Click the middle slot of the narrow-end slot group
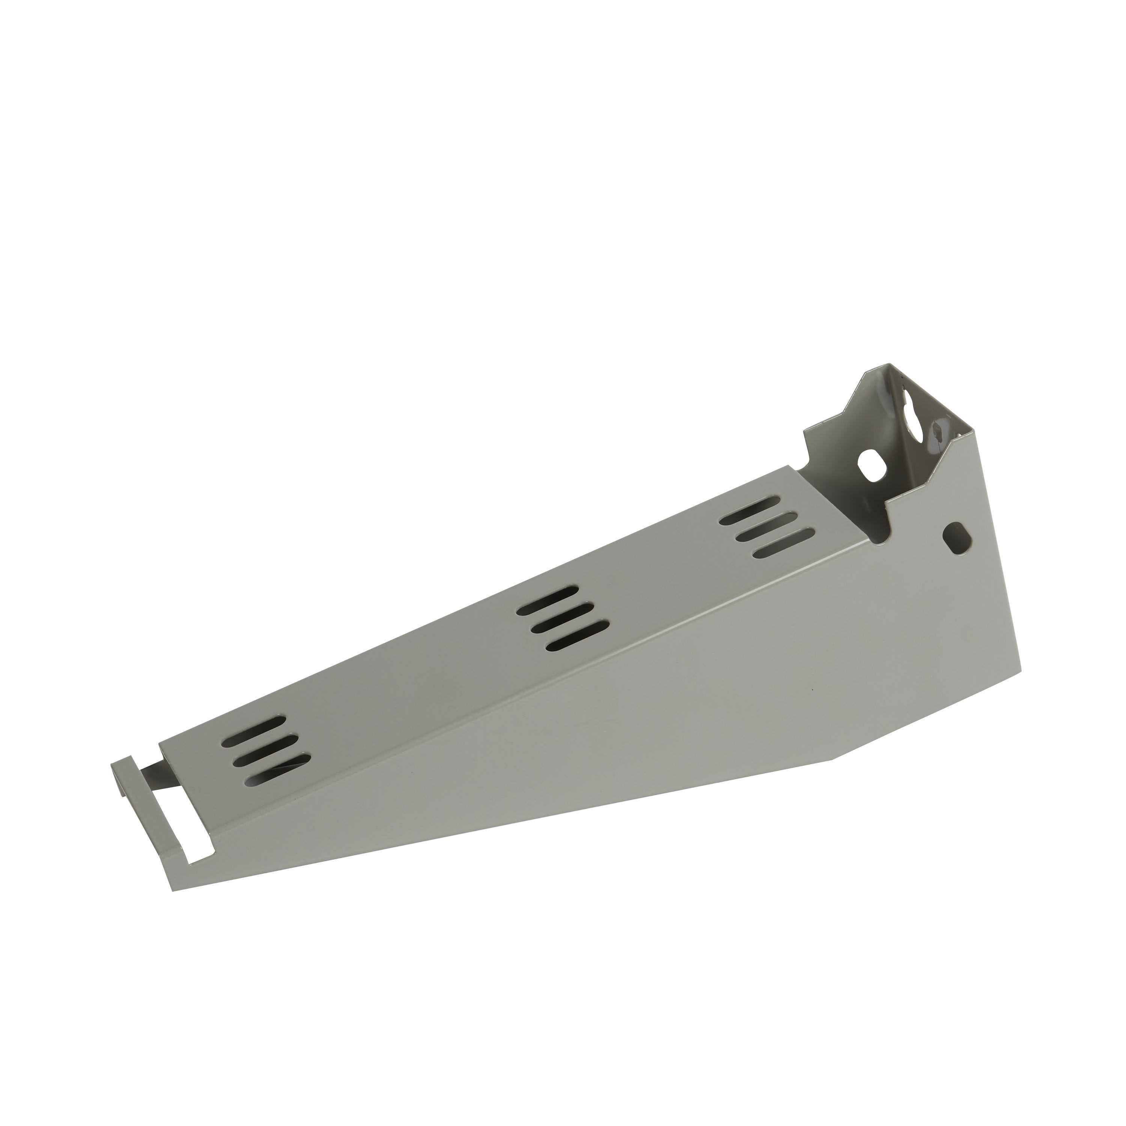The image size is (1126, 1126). click(x=265, y=744)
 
